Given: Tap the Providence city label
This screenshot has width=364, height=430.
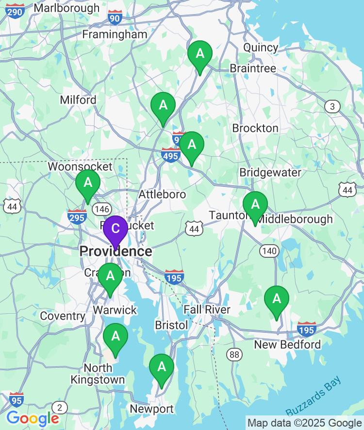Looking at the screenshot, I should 116,251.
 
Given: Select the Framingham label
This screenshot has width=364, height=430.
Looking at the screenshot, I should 115,35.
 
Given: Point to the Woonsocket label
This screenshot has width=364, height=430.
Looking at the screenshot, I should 80,166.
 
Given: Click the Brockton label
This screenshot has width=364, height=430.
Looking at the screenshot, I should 255,128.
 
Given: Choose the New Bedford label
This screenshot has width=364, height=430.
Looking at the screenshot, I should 288,345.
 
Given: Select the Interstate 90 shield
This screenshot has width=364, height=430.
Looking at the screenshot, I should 115,17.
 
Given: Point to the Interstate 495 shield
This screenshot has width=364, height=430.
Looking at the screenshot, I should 170,155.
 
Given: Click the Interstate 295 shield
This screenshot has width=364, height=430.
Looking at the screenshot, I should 77,216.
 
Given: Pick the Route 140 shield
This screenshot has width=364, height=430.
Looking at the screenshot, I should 269,251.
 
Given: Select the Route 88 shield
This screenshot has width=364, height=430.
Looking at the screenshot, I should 234,354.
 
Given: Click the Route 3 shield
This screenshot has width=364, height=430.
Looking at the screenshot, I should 332,107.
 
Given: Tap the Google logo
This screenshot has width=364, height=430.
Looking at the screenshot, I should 33,418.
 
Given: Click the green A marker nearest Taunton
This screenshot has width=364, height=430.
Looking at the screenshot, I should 255,205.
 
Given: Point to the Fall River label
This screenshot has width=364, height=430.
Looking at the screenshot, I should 207,310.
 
